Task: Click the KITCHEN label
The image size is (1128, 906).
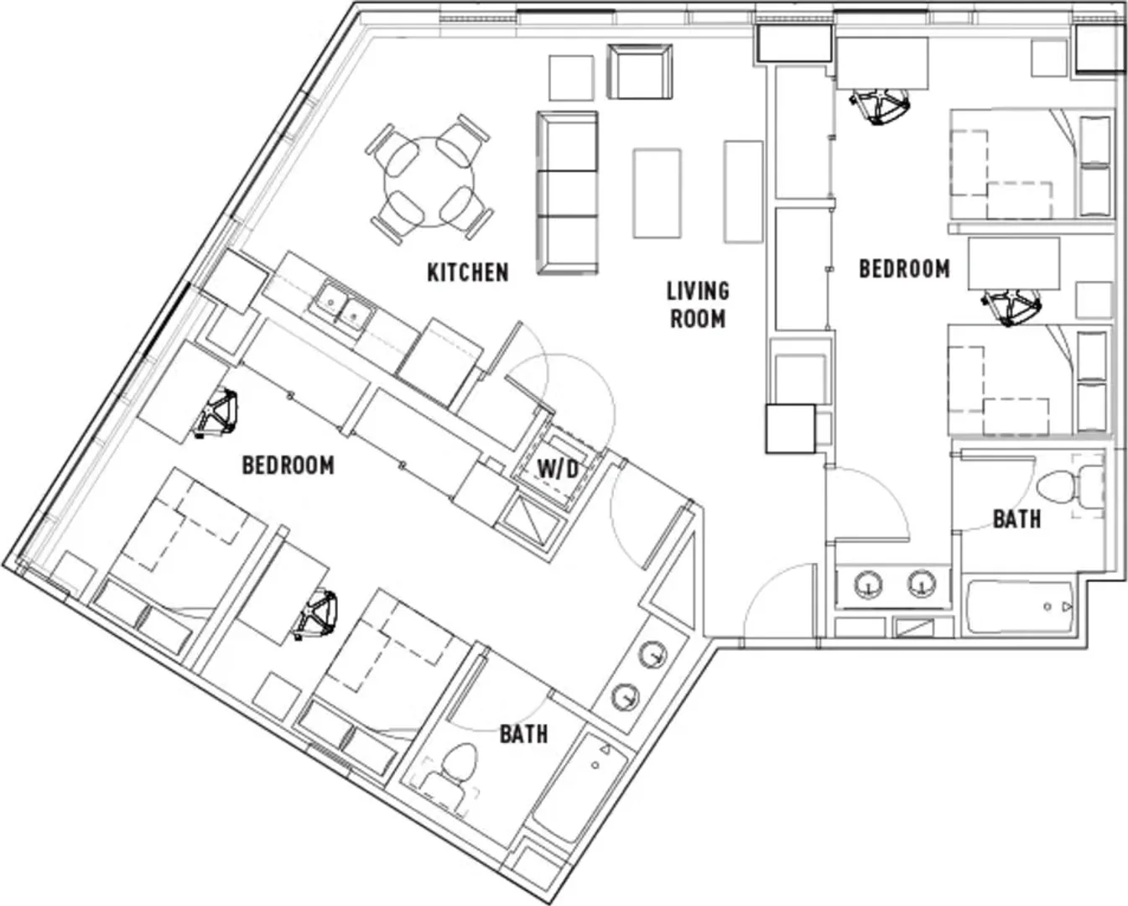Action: point(468,273)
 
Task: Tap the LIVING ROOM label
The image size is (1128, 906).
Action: point(698,305)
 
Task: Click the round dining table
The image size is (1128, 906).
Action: point(429,181)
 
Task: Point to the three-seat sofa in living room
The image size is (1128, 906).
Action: point(567,192)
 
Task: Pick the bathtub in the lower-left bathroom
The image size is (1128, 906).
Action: point(580,789)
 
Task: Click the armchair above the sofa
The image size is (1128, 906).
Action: point(640,71)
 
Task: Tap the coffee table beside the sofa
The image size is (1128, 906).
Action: point(658,194)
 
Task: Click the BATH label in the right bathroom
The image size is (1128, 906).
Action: point(1016,519)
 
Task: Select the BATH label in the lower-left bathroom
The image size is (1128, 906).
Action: point(523,735)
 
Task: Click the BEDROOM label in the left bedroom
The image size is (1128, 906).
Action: point(288,465)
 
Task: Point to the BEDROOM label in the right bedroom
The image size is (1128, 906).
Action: point(904,268)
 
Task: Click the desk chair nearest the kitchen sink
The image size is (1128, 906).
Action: point(216,413)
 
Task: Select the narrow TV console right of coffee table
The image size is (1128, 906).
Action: point(743,192)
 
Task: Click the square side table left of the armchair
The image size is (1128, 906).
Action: point(571,77)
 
